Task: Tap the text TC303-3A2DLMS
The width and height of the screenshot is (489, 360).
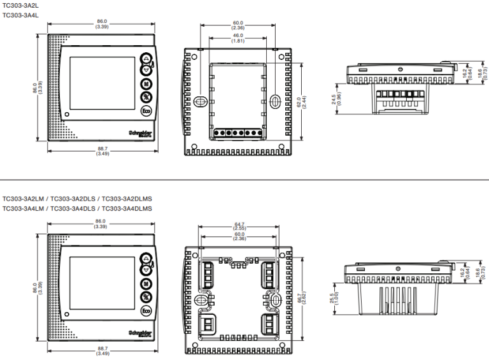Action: [127, 198]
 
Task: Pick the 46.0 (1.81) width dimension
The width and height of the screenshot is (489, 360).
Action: [237, 38]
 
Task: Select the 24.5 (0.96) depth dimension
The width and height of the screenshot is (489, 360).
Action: [334, 101]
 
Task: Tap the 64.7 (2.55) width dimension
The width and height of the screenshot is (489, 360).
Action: [239, 226]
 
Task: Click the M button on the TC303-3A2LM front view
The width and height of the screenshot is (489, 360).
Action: [146, 284]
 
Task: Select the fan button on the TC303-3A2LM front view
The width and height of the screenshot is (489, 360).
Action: [146, 298]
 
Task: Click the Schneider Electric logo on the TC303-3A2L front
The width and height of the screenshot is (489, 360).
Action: [141, 132]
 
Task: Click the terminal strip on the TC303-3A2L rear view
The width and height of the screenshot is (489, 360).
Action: [237, 133]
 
